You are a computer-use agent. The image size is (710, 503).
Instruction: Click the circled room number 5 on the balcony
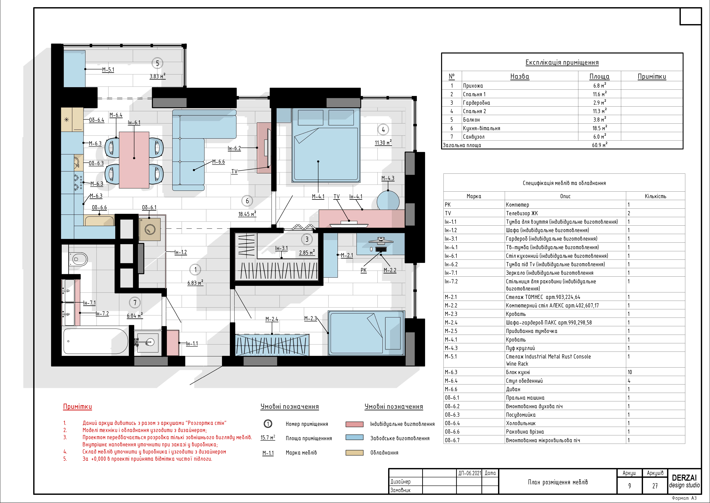click(x=157, y=63)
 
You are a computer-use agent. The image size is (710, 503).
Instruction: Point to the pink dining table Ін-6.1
click(x=134, y=160)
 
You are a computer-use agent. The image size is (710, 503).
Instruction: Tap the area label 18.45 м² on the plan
click(x=247, y=214)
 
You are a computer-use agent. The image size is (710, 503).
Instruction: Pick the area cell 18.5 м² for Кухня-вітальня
click(x=600, y=128)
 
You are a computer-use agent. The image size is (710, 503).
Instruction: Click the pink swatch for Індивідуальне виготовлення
click(x=354, y=424)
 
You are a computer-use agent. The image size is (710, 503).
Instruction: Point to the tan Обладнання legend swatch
click(x=354, y=453)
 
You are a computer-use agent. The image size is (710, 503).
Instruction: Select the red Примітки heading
click(x=77, y=407)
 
